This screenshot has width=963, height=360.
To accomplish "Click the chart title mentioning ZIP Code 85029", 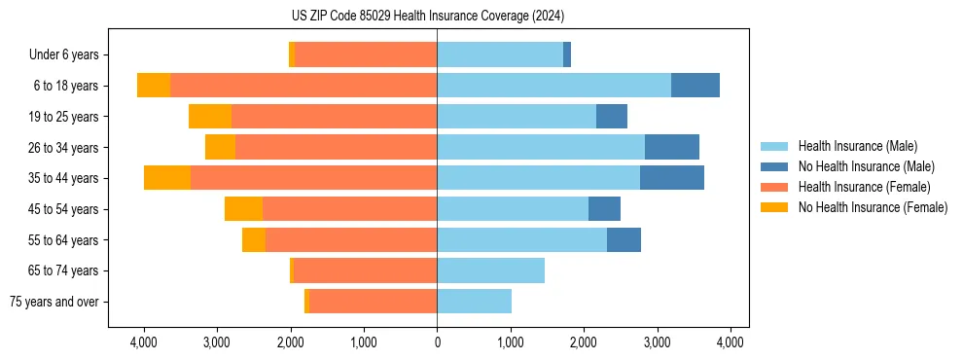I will [x=428, y=16].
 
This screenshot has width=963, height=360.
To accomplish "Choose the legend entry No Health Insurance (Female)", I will [x=873, y=207].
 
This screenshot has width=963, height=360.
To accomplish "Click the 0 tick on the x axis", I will [x=437, y=342].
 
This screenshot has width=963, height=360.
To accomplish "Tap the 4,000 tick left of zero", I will [x=144, y=342].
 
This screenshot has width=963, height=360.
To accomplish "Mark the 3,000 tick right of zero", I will [x=657, y=342].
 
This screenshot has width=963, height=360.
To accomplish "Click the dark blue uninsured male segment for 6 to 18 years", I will [x=695, y=86].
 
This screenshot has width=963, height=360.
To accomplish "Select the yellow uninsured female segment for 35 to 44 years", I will [x=167, y=178].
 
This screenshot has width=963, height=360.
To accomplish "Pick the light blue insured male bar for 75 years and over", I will [x=474, y=302].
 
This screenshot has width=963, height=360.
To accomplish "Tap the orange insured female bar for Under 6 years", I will [x=366, y=54].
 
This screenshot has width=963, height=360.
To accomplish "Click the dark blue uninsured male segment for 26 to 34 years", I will [x=671, y=147].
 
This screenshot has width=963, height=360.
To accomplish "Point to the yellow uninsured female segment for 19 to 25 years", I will [x=210, y=117].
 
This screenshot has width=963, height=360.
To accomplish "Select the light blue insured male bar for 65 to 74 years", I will [x=490, y=270].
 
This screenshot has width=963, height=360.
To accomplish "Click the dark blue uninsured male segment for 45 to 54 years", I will [x=604, y=209].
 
